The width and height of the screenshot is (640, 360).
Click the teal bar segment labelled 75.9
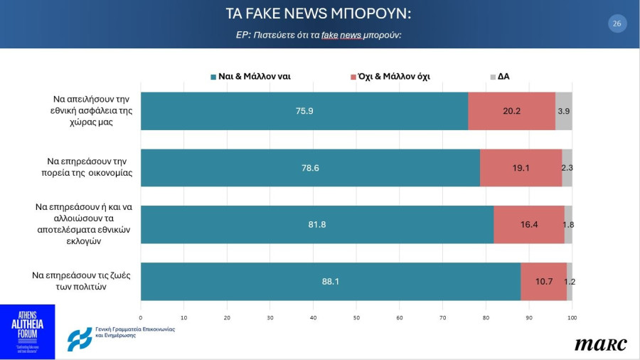[304, 111]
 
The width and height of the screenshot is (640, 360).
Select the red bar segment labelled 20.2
[511, 111]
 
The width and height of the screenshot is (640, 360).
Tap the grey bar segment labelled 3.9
[563, 111]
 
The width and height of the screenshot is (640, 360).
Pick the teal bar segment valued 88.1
[331, 281]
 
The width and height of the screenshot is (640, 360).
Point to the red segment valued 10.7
[544, 281]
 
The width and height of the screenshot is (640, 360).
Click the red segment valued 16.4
[529, 224]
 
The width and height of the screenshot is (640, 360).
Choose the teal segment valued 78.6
[310, 168]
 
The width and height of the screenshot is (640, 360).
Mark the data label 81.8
[317, 224]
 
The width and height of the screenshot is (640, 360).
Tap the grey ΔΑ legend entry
[499, 76]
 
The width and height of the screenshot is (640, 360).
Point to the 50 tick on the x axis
[356, 317]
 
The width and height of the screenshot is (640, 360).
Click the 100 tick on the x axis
[572, 317]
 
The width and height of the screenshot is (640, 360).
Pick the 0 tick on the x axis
[141, 317]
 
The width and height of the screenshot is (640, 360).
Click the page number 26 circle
[617, 23]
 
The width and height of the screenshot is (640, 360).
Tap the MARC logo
[601, 344]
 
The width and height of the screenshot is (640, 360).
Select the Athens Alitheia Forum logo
[27, 332]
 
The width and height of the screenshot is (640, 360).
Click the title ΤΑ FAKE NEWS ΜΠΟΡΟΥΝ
[318, 14]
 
